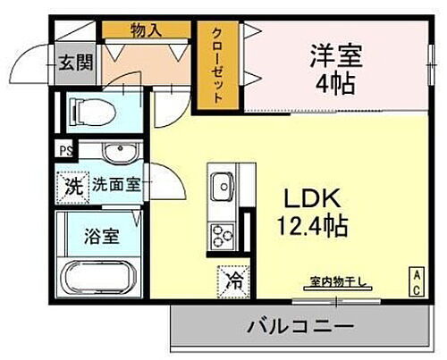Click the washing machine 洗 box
click(70, 186)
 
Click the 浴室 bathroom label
click(100, 237)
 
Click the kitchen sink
click(221, 188)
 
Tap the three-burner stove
click(220, 234)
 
